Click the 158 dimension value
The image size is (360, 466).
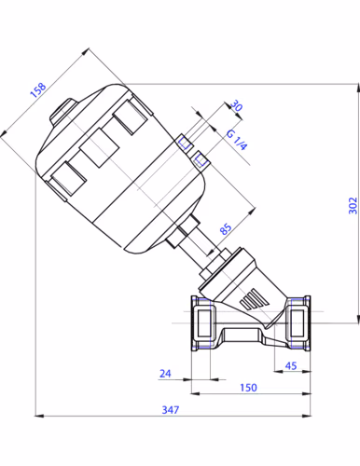click(38, 90)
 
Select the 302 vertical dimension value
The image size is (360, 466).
click(353, 205)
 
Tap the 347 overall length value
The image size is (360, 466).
click(171, 410)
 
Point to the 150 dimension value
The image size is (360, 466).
click(248, 388)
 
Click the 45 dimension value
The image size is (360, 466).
click(291, 365)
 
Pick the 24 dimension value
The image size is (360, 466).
click(165, 373)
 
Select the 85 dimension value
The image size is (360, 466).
click(226, 228)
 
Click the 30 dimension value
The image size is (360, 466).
click(236, 105)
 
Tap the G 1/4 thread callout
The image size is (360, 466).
click(237, 140)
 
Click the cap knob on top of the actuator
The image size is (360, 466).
click(62, 113)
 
